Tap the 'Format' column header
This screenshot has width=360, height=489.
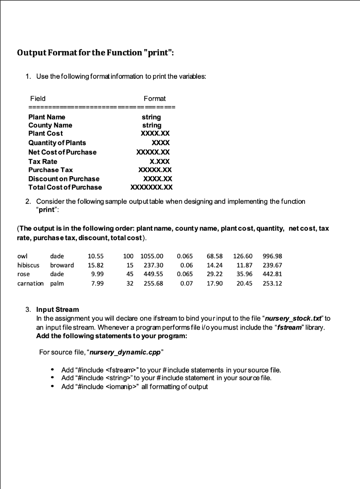coord(154,98)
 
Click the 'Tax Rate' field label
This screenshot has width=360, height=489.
coord(43,161)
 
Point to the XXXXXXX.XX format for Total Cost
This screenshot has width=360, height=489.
coord(151,187)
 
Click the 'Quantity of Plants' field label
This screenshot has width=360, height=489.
coord(57,143)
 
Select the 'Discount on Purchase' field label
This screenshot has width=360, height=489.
coord(64,179)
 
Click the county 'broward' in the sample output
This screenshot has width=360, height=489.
coord(62,265)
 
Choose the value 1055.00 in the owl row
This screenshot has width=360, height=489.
coord(152,256)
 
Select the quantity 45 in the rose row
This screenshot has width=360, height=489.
coord(128,274)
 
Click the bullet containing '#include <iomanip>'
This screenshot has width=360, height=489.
coord(135,386)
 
